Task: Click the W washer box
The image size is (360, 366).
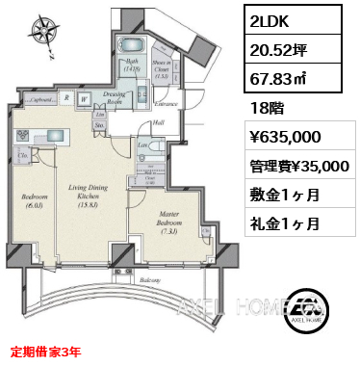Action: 85,97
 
